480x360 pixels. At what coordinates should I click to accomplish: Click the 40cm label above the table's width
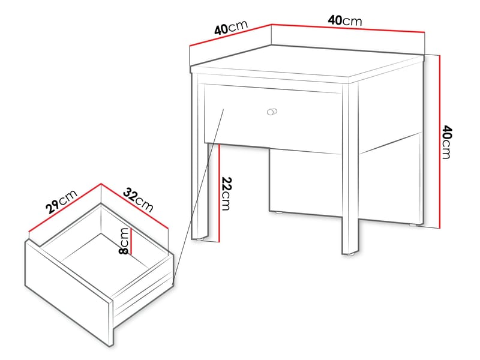[344, 20]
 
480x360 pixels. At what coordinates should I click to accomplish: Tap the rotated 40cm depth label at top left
[230, 28]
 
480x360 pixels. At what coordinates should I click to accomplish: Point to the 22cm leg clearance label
[226, 194]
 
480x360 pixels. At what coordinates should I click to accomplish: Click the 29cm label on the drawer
[61, 203]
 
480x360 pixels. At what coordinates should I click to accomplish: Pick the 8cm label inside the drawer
[124, 241]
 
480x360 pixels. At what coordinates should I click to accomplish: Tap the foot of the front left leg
[201, 239]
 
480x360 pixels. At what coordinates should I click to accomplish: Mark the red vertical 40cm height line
[440, 142]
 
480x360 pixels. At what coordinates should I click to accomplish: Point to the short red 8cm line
[130, 241]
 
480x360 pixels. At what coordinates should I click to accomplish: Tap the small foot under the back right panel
[413, 225]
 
